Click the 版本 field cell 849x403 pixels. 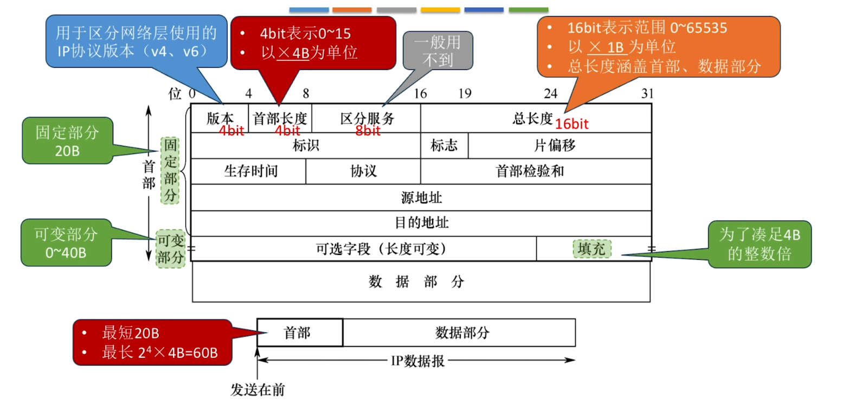220,118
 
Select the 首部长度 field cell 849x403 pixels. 280,118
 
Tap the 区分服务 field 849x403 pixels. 366,118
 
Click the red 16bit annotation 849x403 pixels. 571,124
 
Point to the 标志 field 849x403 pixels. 444,145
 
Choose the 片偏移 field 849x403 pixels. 560,145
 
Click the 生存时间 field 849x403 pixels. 249,171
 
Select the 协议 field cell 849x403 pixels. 363,171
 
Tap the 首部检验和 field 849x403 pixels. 536,171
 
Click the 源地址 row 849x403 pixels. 421,197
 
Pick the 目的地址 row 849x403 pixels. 421,223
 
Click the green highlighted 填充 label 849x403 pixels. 591,249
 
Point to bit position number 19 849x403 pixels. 465,93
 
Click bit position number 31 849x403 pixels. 647,93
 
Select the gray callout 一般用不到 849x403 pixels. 438,50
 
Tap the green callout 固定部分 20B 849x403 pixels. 67,140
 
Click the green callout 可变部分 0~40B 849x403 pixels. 66,242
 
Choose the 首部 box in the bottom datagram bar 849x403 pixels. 300,333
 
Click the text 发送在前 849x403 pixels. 258,390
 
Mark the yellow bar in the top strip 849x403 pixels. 440,10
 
